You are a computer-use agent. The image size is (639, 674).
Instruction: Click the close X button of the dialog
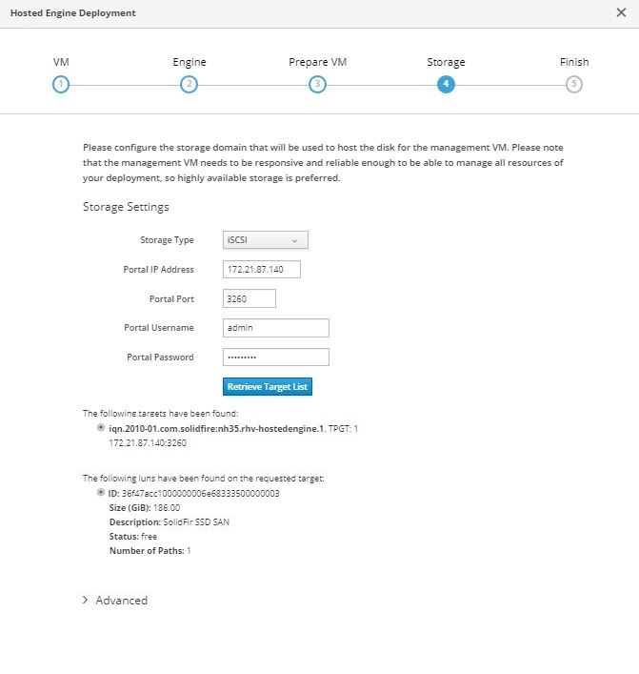[x=621, y=13]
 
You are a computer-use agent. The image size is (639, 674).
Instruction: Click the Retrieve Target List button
[x=268, y=387]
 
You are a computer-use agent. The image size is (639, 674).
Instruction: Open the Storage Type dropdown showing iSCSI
[x=266, y=240]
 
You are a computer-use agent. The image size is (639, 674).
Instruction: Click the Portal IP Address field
[x=261, y=270]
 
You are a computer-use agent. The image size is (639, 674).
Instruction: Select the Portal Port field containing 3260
[x=249, y=298]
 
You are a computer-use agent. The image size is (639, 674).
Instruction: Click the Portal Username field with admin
[x=275, y=328]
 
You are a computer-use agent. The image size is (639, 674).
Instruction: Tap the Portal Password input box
[x=275, y=357]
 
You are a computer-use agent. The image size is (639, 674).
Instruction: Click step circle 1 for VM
[x=61, y=84]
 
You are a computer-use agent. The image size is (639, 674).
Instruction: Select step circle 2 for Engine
[x=189, y=84]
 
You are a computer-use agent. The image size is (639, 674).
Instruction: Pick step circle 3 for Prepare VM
[x=317, y=84]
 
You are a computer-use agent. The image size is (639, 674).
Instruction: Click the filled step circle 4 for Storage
[x=445, y=84]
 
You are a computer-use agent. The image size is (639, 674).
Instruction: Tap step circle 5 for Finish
[x=573, y=84]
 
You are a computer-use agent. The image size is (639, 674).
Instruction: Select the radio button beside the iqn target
[x=102, y=429]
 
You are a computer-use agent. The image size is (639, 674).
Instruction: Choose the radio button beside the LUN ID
[x=102, y=493]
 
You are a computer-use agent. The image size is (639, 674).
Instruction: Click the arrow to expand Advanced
[x=86, y=601]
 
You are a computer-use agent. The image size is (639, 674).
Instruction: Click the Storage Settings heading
[x=126, y=207]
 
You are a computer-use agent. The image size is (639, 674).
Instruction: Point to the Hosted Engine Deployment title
[x=72, y=13]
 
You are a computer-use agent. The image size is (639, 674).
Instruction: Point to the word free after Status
[x=150, y=537]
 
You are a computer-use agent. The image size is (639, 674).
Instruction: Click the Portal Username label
[x=159, y=328]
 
